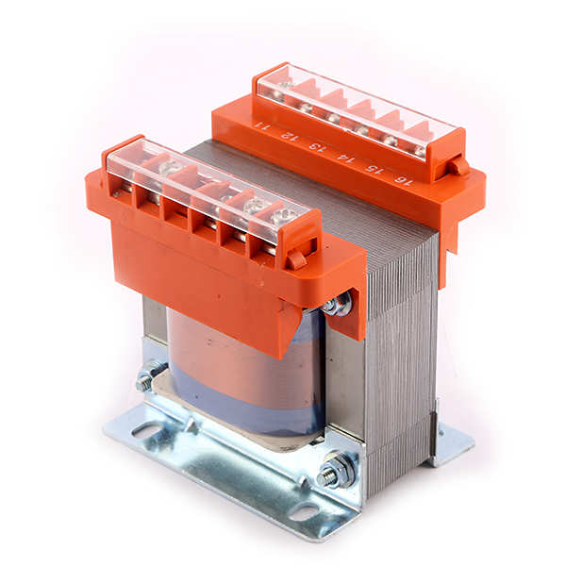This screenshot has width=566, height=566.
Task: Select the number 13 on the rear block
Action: tap(315, 147)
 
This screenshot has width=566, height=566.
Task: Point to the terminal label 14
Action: tap(344, 158)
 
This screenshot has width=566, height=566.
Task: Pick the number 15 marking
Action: tap(374, 169)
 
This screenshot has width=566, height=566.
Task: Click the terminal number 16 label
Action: tap(404, 179)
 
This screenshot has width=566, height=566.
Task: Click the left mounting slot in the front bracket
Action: tap(148, 430)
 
